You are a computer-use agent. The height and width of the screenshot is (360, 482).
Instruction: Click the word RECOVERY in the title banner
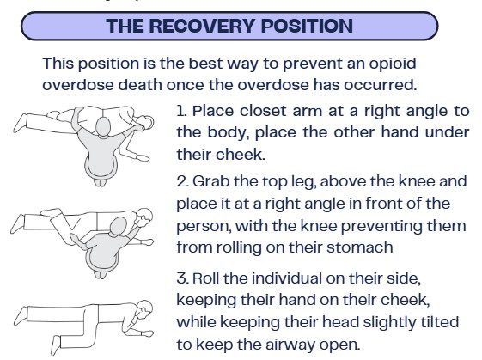point(202,26)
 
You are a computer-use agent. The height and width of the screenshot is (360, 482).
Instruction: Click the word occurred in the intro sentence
point(380,85)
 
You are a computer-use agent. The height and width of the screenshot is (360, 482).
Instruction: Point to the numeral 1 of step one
point(180,111)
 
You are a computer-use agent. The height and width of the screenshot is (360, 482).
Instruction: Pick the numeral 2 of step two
point(181,181)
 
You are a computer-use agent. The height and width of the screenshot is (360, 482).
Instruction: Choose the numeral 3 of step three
point(181,278)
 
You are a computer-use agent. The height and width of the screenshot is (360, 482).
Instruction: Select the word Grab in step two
point(210,181)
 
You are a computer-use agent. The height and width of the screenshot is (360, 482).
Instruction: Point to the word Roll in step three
point(206,278)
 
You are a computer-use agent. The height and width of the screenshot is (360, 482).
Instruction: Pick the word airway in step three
point(292,345)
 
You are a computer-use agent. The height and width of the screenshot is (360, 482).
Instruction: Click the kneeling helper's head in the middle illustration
point(118,226)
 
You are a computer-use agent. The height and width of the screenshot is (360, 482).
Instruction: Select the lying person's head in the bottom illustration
point(144,309)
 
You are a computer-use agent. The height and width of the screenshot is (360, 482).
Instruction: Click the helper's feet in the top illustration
point(101,182)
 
